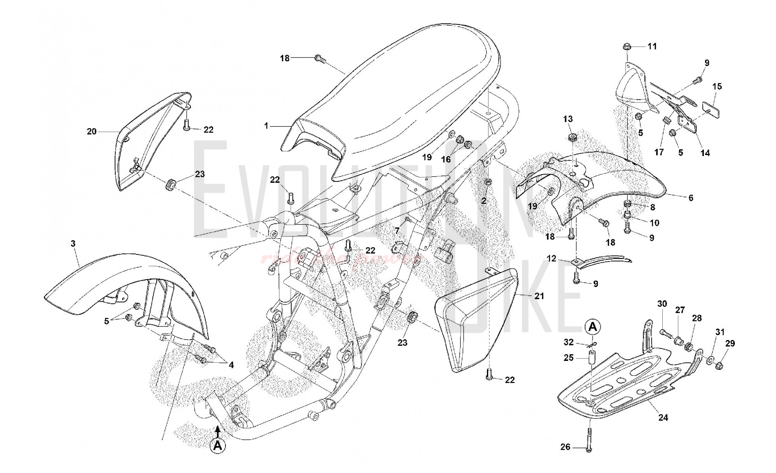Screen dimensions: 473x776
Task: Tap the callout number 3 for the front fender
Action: click(x=73, y=243)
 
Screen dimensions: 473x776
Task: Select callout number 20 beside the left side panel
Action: click(x=92, y=132)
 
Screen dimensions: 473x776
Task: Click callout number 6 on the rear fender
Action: click(x=691, y=198)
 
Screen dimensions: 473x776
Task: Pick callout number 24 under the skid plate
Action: click(x=663, y=418)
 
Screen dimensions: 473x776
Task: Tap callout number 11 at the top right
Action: click(x=652, y=47)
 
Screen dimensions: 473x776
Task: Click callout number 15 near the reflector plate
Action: click(x=717, y=86)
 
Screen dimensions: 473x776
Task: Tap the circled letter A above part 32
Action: click(x=592, y=327)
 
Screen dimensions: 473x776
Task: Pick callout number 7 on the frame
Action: click(x=397, y=231)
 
